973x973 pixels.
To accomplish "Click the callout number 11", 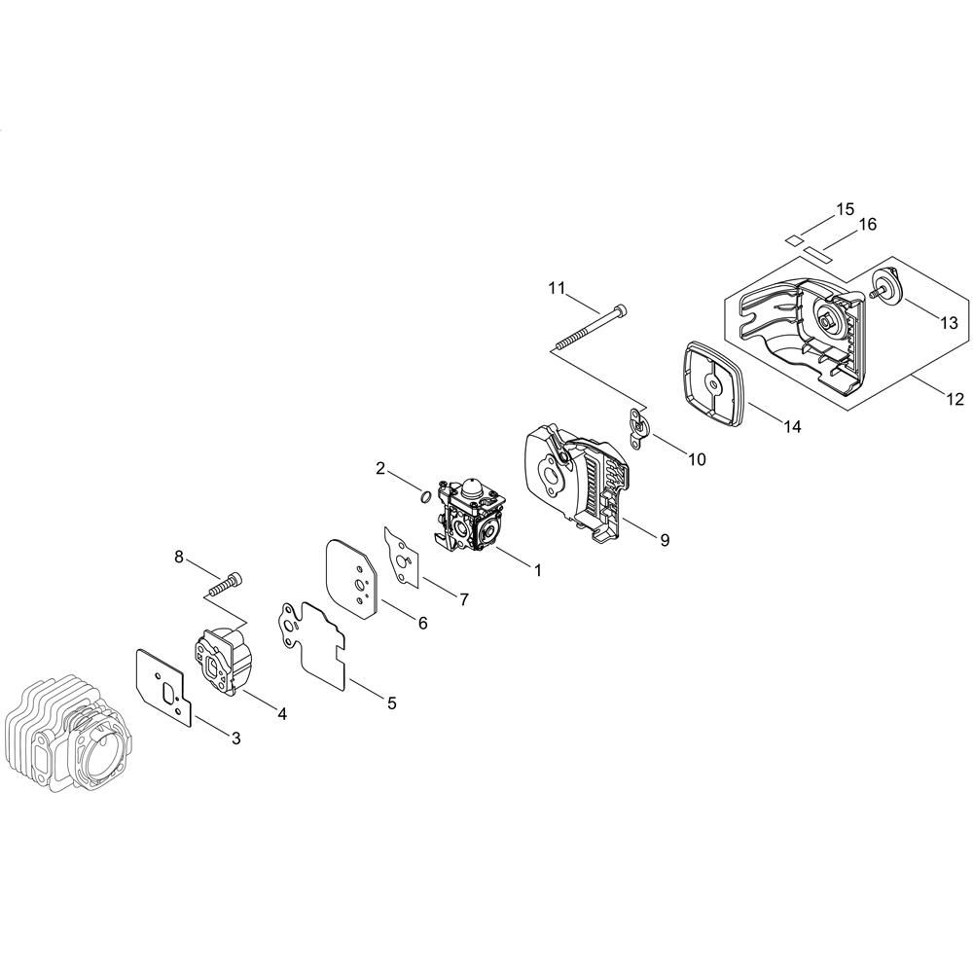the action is point(557,288).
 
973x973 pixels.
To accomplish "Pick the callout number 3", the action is point(235,738).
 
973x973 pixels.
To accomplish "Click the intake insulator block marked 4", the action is point(225,661).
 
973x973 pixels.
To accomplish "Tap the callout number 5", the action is point(391,703).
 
